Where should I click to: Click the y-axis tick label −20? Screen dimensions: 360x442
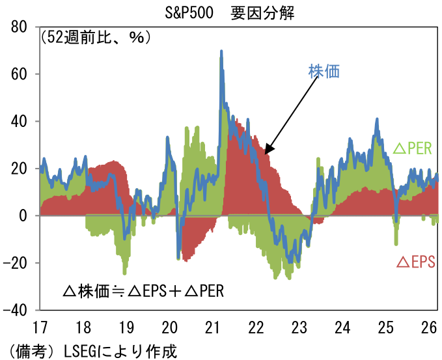click(19, 263)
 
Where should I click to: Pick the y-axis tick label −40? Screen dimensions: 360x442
click(19, 310)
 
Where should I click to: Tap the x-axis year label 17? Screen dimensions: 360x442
click(40, 326)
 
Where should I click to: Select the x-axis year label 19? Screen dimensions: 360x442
click(126, 326)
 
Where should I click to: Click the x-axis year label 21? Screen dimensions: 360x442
click(212, 326)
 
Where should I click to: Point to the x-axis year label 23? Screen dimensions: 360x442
click(299, 326)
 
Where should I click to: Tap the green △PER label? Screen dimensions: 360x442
click(412, 148)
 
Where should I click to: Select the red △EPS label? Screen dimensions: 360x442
click(415, 262)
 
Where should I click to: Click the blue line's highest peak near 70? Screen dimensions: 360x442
click(221, 51)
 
